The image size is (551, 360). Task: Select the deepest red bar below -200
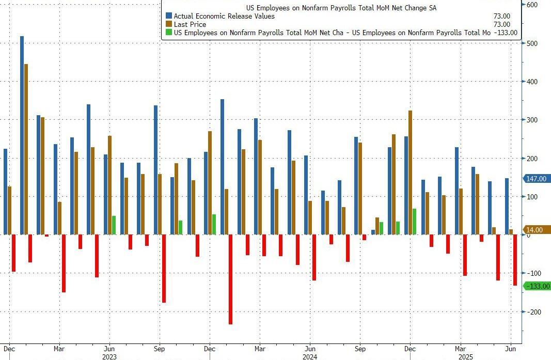(230, 279)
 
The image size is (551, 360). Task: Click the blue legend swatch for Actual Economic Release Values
(168, 16)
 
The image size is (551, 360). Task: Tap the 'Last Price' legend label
(190, 24)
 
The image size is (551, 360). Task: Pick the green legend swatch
(168, 33)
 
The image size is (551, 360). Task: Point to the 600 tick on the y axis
(532, 5)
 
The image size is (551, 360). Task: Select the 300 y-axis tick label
(532, 120)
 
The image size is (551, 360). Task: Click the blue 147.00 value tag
(537, 179)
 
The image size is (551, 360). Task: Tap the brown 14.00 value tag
(537, 230)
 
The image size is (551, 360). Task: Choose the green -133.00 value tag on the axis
(537, 286)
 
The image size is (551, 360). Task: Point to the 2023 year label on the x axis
(109, 356)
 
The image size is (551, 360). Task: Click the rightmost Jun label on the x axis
(510, 348)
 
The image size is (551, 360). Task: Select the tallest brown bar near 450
(26, 149)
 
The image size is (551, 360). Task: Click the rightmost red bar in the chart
(515, 260)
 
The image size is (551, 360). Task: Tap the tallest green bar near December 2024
(414, 222)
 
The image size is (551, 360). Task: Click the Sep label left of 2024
(160, 348)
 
